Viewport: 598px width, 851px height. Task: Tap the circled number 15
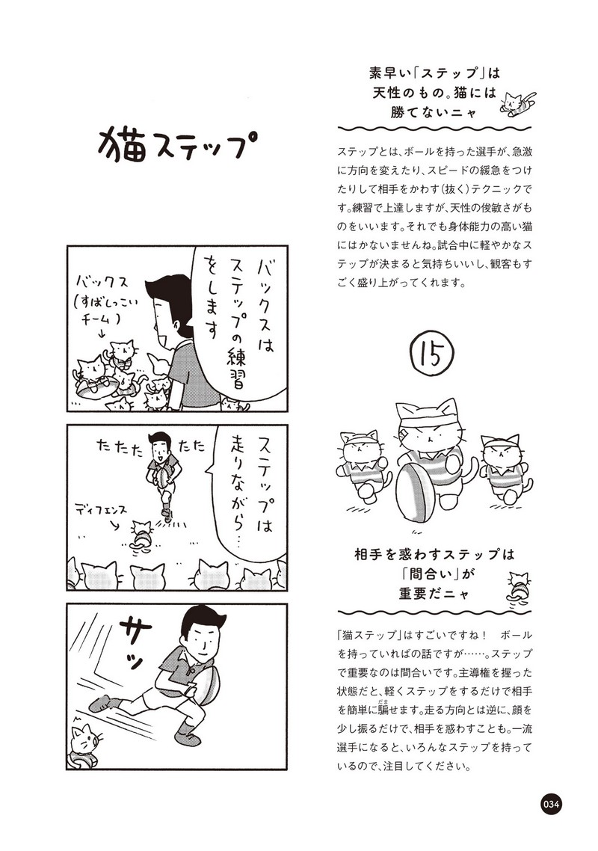[x=433, y=354]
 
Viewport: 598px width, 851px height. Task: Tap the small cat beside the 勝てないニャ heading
[x=517, y=104]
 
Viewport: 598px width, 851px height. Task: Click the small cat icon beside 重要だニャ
[x=518, y=587]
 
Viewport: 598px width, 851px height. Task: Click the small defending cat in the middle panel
[x=141, y=535]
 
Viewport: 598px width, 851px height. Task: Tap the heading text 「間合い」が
[x=431, y=574]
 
